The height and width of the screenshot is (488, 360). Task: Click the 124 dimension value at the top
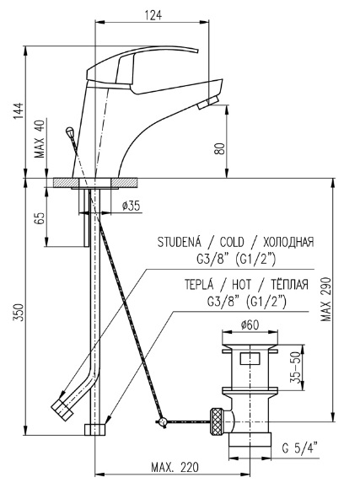153,15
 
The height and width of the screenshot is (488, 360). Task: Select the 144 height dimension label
19,110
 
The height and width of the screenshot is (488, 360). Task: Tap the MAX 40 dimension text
40,138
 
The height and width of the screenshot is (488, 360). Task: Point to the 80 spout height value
220,149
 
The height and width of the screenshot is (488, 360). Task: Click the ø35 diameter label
132,206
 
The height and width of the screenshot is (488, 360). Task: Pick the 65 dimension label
40,218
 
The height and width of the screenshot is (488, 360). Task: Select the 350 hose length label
19,313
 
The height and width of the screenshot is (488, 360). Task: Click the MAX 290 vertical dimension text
326,299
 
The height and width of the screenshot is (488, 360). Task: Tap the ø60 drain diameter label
250,325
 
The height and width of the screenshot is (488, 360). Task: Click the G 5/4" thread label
299,448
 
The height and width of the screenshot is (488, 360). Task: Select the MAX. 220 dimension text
175,467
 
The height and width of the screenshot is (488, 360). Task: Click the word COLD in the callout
232,242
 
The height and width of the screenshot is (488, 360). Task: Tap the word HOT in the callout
241,284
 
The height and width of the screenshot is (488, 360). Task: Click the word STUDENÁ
180,242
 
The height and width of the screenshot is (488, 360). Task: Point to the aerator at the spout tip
208,102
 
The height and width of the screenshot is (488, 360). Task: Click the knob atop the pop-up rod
70,131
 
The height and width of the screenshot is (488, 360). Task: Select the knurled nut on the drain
217,421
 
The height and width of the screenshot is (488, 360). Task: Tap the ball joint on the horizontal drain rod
163,422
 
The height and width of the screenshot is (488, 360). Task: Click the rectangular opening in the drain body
250,358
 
